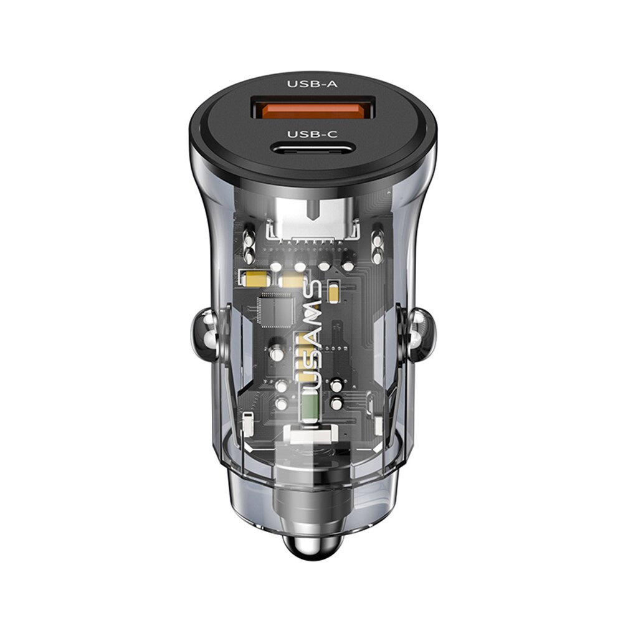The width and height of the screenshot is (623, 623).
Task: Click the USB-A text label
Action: (312, 84)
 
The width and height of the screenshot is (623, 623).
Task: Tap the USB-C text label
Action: (312, 134)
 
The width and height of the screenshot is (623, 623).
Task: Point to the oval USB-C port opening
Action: (312, 149)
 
